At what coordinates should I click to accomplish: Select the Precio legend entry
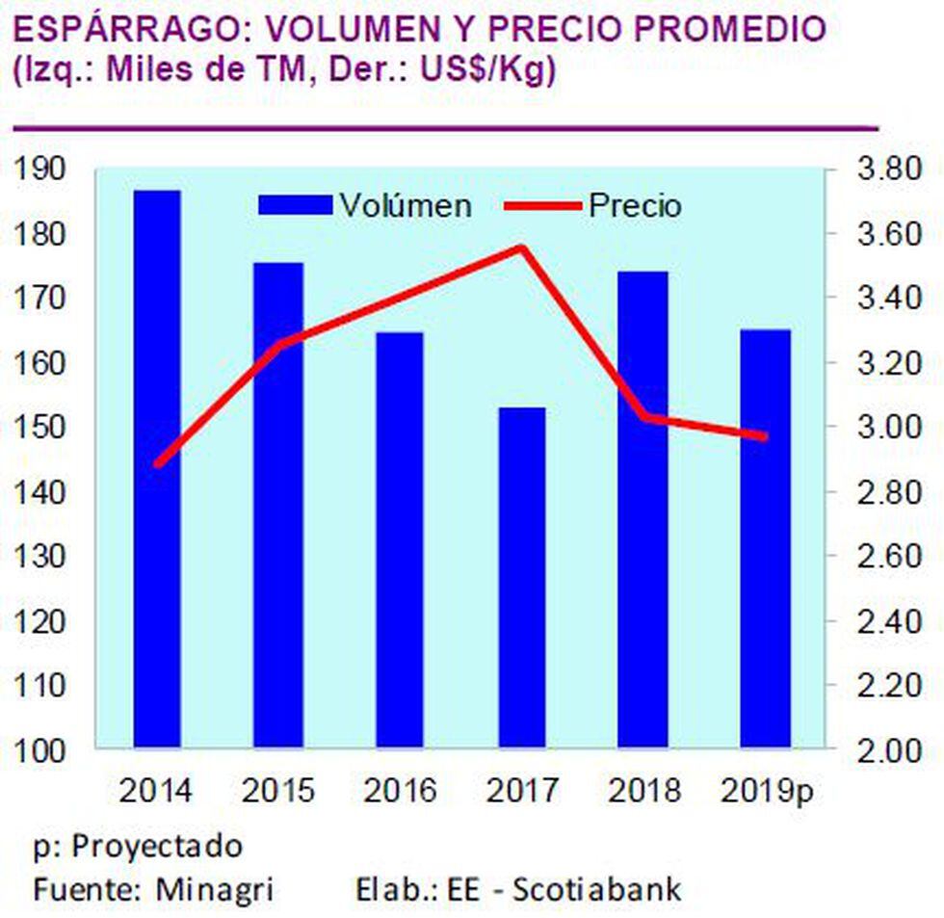coord(635,205)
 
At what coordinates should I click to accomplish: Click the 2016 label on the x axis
coord(400,792)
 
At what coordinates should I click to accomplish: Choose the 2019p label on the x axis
coord(767,792)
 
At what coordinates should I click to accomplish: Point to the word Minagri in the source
coord(215,888)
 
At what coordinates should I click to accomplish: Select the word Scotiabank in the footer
coord(596,888)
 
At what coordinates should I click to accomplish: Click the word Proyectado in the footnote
coord(158,848)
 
